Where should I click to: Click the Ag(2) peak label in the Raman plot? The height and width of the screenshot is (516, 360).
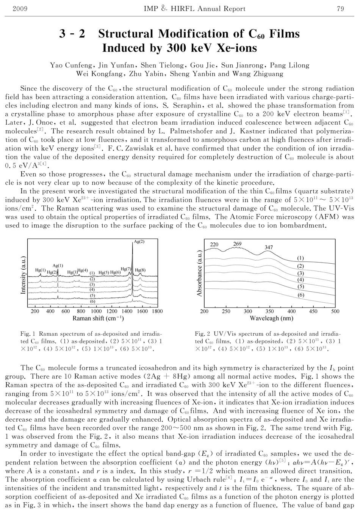(x=139, y=242)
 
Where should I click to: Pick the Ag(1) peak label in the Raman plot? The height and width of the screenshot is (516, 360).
(x=58, y=266)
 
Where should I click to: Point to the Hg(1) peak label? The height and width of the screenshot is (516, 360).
(x=41, y=270)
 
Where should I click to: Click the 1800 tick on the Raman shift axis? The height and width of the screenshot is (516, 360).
(x=157, y=311)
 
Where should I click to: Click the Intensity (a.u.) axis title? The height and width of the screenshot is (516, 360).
(x=23, y=275)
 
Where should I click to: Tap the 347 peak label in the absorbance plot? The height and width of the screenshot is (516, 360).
(x=268, y=247)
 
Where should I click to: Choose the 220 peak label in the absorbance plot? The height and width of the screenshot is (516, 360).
(x=214, y=244)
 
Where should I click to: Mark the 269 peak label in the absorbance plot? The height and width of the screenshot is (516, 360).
(x=237, y=244)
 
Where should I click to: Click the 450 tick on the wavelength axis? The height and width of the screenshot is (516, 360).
(x=313, y=311)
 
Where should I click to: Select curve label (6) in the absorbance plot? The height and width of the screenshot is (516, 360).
(x=301, y=295)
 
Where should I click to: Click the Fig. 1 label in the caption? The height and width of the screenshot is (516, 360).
(x=28, y=334)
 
